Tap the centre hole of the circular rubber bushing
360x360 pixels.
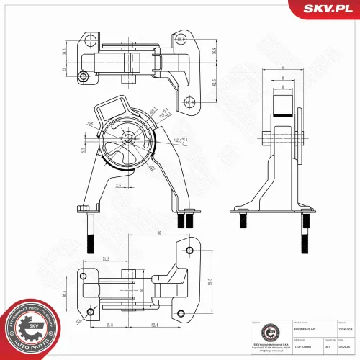127,139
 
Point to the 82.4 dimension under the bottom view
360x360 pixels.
156,325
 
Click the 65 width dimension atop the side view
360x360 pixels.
283,68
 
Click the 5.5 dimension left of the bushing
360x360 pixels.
84,150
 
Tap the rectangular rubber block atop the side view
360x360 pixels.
282,102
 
